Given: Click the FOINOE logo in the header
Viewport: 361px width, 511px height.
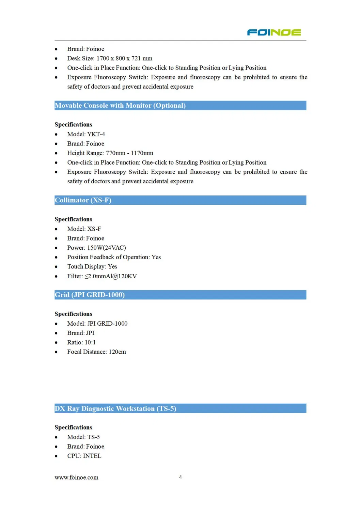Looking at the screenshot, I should (274, 32).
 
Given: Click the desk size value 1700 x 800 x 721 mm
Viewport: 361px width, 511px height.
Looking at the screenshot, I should (124, 58).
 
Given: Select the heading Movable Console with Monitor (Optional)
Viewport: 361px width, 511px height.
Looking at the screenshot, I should (120, 106).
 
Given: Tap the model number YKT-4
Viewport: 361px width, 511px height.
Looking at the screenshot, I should (96, 134).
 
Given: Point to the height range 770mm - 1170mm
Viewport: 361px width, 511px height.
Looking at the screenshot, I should (129, 153).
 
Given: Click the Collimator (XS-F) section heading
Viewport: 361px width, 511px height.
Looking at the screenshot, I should (83, 200).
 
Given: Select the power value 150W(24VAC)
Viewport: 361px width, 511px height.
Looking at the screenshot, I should (107, 248).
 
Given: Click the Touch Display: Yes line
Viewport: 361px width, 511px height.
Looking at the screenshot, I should (92, 266).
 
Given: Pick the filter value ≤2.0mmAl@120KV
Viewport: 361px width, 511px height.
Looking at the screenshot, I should (111, 276).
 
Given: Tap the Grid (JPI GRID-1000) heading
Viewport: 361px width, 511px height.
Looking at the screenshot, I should (90, 295).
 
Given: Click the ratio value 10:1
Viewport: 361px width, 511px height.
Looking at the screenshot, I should (90, 342).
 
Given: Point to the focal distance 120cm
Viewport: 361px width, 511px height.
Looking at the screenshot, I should (117, 352).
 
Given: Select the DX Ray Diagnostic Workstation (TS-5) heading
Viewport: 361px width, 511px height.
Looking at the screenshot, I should (115, 408).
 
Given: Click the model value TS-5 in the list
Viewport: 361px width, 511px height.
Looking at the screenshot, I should (94, 437).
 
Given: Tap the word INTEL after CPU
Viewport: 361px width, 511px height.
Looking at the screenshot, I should (92, 456).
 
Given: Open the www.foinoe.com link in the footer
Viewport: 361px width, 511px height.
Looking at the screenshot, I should (77, 478).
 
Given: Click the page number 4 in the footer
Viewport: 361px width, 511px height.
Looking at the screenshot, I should (180, 477).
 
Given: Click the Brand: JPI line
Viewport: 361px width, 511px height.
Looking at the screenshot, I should (81, 333).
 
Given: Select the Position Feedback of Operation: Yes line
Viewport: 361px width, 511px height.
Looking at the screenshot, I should (114, 257).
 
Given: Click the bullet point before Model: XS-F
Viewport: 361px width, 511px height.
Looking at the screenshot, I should (56, 229).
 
